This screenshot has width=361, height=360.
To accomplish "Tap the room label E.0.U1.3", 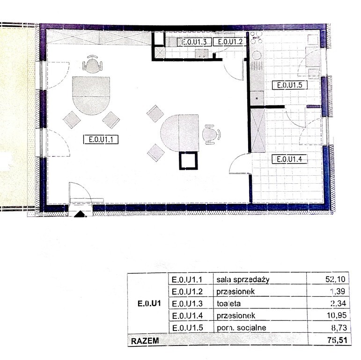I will [x=194, y=42].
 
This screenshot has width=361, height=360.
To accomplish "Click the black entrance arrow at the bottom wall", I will [x=80, y=214].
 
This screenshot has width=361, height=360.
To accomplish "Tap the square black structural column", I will [x=189, y=160].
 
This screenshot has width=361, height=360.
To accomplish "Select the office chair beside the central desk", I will [x=211, y=134].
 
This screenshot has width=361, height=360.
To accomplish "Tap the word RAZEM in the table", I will [x=145, y=340].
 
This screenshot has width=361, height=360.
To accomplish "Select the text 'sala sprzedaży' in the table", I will [x=243, y=280].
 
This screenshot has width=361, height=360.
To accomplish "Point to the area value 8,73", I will [x=336, y=328].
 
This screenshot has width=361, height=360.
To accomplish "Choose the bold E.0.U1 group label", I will [x=149, y=303].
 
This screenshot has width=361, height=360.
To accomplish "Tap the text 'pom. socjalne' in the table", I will [x=242, y=328].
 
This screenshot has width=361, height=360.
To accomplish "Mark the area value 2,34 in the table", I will [x=336, y=304].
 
